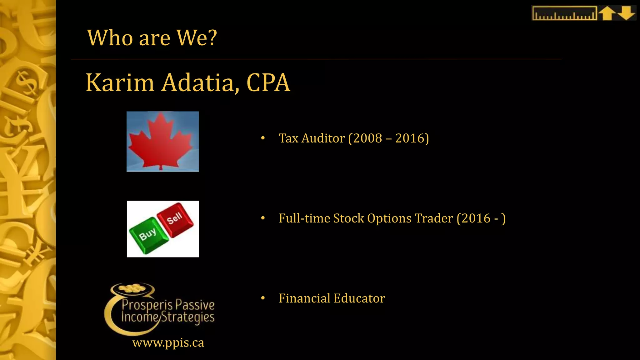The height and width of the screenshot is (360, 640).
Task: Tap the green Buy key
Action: [147, 235]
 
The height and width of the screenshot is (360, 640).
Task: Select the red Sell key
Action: [175, 219]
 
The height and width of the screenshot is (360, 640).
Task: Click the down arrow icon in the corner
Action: [626, 13]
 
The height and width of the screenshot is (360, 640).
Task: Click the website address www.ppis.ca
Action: [168, 343]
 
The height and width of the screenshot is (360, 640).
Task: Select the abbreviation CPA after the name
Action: [268, 83]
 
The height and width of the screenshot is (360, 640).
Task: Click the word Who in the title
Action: [111, 38]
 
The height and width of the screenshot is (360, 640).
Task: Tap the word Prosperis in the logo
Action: [147, 305]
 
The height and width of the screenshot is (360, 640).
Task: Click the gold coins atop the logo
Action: [132, 288]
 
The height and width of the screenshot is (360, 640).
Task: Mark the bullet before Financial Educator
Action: [263, 298]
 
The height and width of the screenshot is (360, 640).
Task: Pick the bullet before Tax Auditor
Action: [263, 138]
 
